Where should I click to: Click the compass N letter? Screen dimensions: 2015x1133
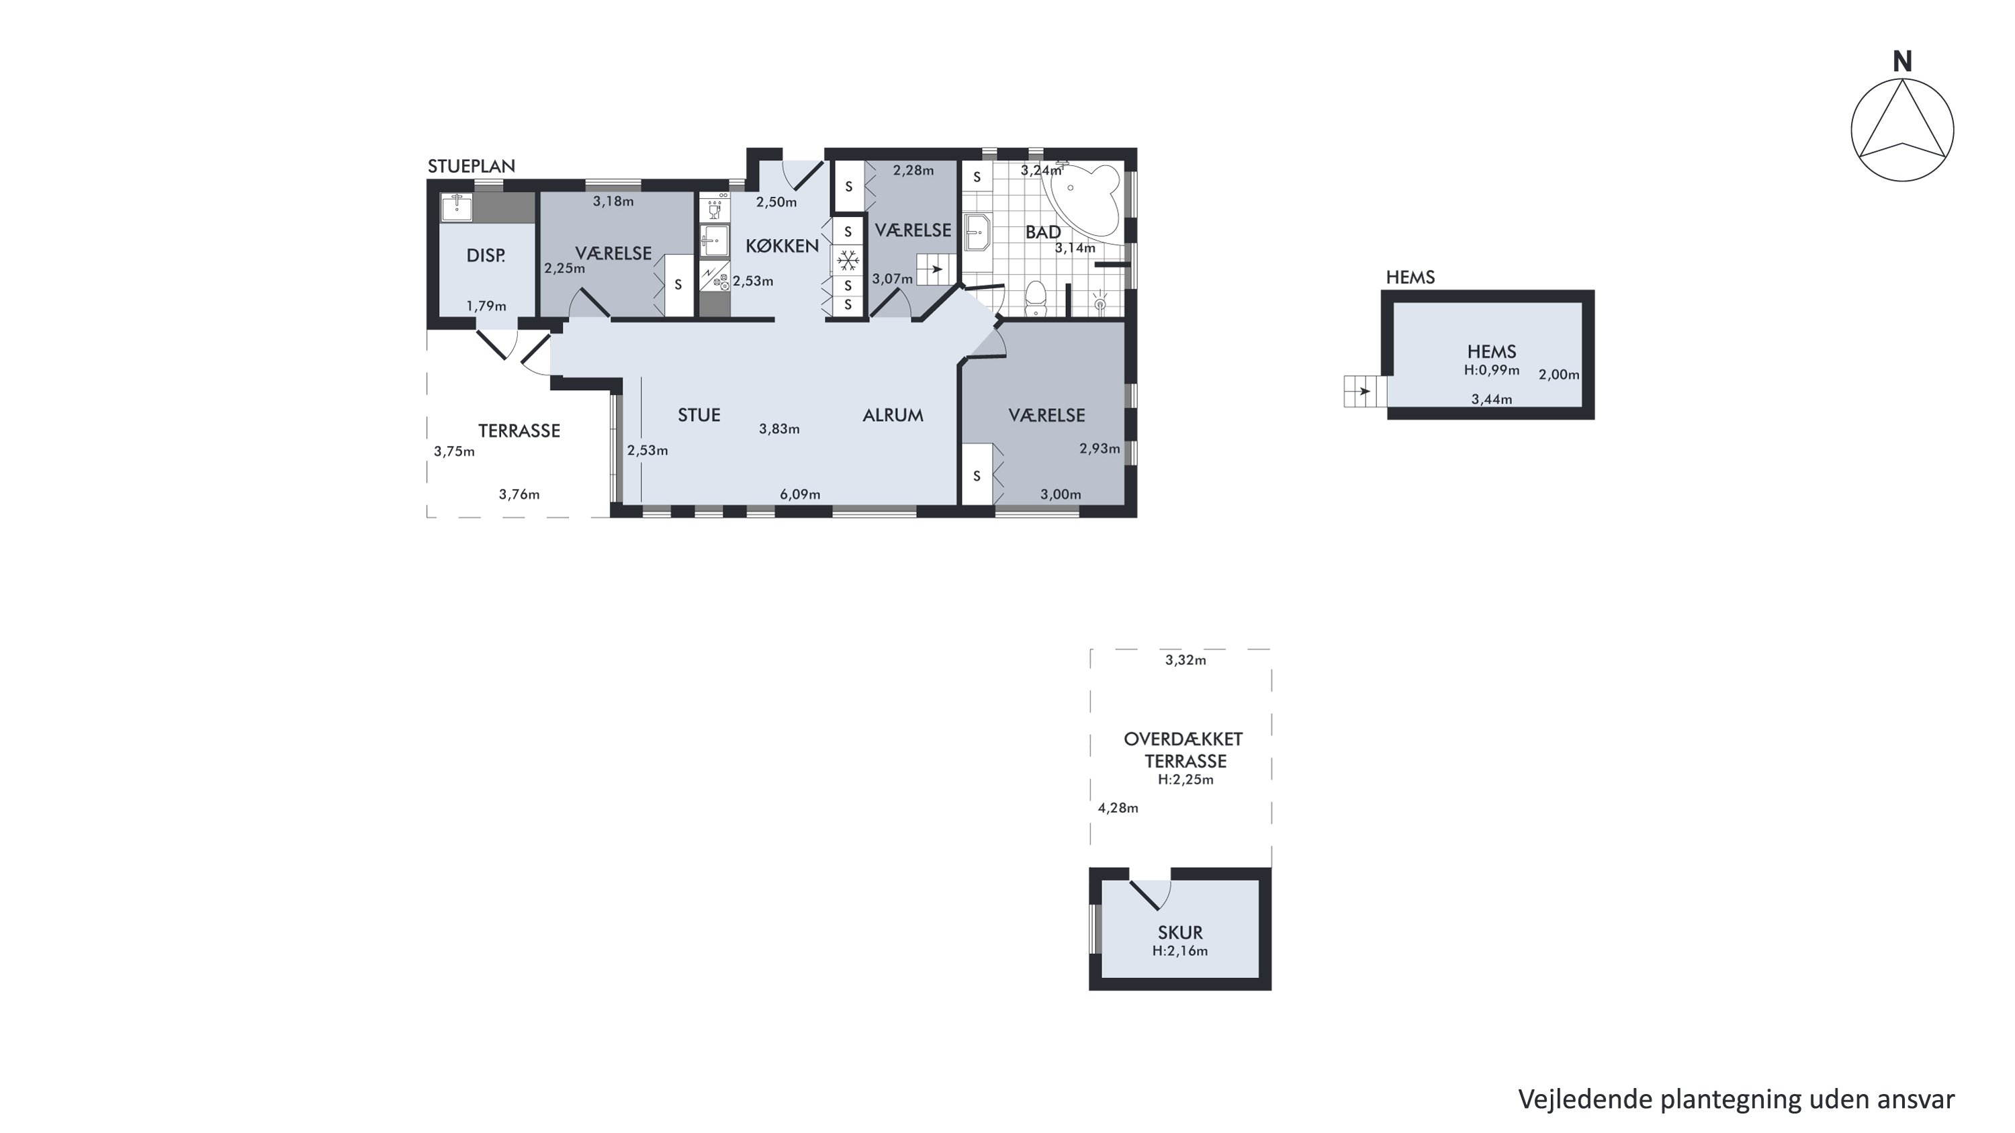click(x=1902, y=62)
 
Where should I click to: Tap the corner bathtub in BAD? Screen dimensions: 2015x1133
click(x=1085, y=196)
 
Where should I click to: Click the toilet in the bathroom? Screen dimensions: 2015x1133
click(x=1036, y=299)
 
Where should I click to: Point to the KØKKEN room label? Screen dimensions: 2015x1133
click(x=782, y=246)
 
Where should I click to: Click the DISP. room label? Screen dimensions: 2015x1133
click(x=486, y=256)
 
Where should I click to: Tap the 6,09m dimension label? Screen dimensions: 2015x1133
click(x=800, y=494)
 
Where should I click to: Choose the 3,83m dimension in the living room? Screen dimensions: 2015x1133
click(x=779, y=428)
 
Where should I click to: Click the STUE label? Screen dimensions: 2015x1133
click(x=699, y=415)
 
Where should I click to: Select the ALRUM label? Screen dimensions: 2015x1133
click(x=893, y=415)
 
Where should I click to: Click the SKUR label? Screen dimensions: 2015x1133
click(x=1180, y=933)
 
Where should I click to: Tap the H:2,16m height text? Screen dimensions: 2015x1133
click(x=1180, y=952)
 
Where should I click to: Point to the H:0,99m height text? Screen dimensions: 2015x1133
click(x=1492, y=371)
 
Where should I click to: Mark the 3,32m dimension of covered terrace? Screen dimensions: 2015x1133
click(x=1186, y=660)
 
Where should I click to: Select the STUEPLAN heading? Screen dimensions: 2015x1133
click(x=471, y=166)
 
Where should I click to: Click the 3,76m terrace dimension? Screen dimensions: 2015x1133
click(x=519, y=494)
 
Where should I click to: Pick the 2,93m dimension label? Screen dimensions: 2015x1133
click(x=1100, y=449)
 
